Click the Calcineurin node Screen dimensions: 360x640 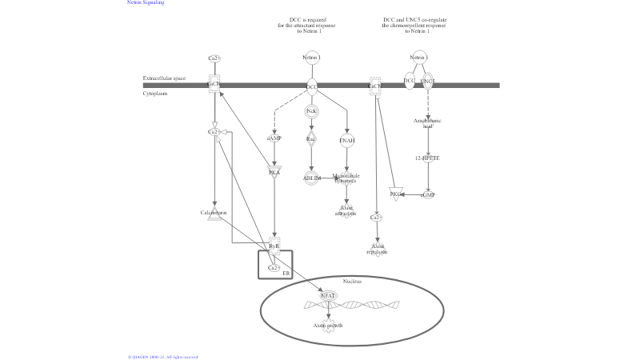pos(214,214)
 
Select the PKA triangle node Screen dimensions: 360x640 pos(274,171)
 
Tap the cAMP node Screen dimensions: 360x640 pos(274,138)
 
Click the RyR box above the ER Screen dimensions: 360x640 pos(274,246)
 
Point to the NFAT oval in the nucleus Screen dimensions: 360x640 pos(328,296)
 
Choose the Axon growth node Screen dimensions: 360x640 pos(328,326)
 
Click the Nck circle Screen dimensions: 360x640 pos(311,111)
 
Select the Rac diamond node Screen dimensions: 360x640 pos(311,139)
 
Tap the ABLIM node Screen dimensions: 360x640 pos(311,178)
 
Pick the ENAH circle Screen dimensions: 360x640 pos(346,141)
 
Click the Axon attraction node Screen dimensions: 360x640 pos(346,211)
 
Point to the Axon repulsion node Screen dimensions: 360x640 pos(377,250)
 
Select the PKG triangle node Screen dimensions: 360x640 pos(395,194)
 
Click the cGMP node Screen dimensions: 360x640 pos(428,194)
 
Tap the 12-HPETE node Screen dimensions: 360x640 pos(427,158)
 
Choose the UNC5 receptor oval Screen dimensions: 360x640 pos(428,82)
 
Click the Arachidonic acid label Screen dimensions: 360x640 pos(427,123)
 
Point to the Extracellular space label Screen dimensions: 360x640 pos(164,78)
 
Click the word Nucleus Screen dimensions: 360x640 pos(352,282)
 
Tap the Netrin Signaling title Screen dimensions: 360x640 pos(146,3)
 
